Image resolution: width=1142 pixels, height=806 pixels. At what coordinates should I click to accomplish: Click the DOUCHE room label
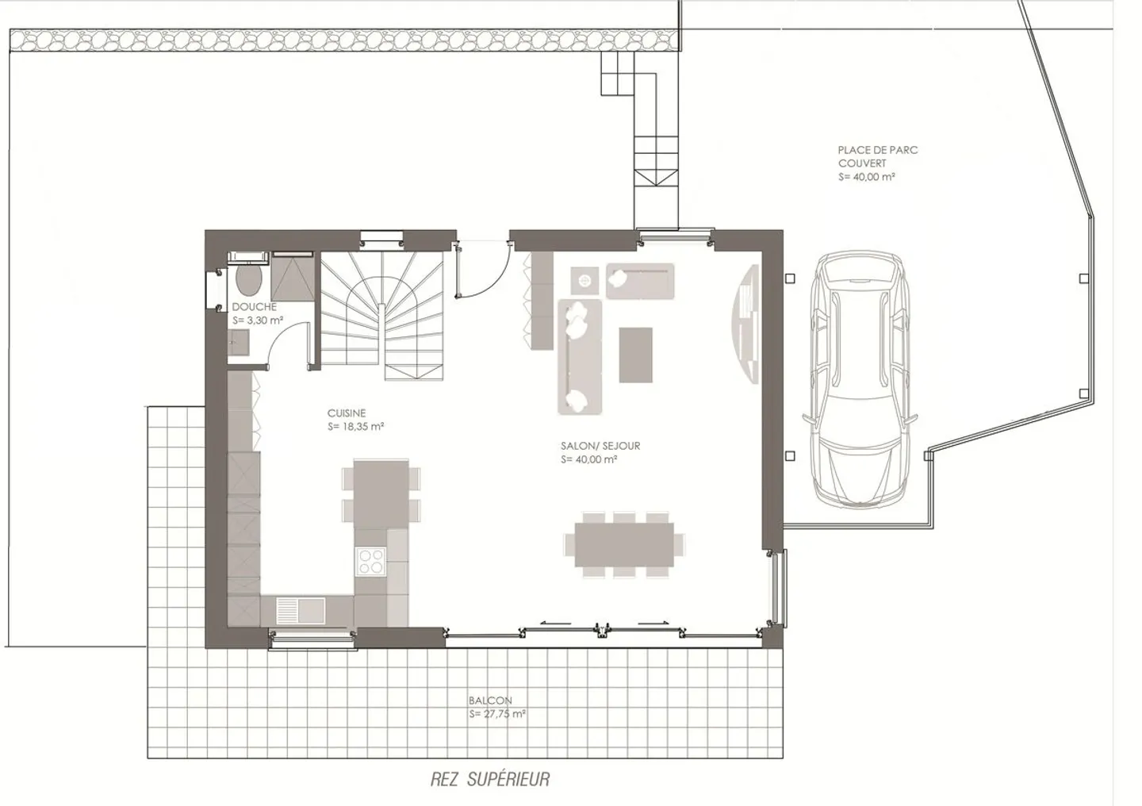pyautogui.click(x=254, y=307)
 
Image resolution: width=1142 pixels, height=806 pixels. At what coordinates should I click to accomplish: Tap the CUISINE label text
pyautogui.click(x=347, y=413)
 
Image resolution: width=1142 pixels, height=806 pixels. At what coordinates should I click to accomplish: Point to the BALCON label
pyautogui.click(x=490, y=700)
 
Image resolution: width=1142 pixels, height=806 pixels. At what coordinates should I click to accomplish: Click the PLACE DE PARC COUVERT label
pyautogui.click(x=877, y=156)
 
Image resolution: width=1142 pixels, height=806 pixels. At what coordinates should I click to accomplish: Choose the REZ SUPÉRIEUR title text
pyautogui.click(x=489, y=779)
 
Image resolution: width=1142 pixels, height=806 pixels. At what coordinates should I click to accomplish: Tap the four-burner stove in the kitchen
pyautogui.click(x=370, y=561)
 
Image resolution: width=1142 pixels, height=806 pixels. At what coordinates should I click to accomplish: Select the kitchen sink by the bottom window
pyautogui.click(x=300, y=610)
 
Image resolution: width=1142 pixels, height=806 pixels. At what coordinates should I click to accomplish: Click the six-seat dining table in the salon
pyautogui.click(x=623, y=544)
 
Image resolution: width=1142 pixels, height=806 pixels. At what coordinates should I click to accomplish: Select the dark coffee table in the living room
pyautogui.click(x=635, y=354)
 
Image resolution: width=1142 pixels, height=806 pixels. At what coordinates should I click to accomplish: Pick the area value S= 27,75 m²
pyautogui.click(x=497, y=714)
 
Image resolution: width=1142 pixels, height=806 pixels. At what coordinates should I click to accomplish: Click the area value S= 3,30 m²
pyautogui.click(x=258, y=320)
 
